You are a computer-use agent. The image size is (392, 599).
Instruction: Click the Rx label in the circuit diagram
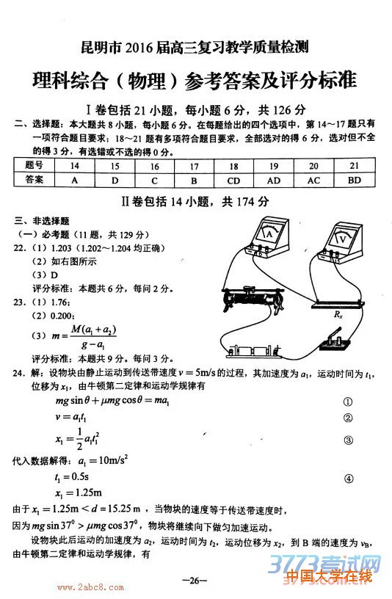(x=338, y=313)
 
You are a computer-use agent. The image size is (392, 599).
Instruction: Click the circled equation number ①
(x=348, y=402)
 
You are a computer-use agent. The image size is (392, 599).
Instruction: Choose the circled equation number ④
(x=348, y=478)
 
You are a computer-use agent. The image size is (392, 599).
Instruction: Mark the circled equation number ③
(x=348, y=440)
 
